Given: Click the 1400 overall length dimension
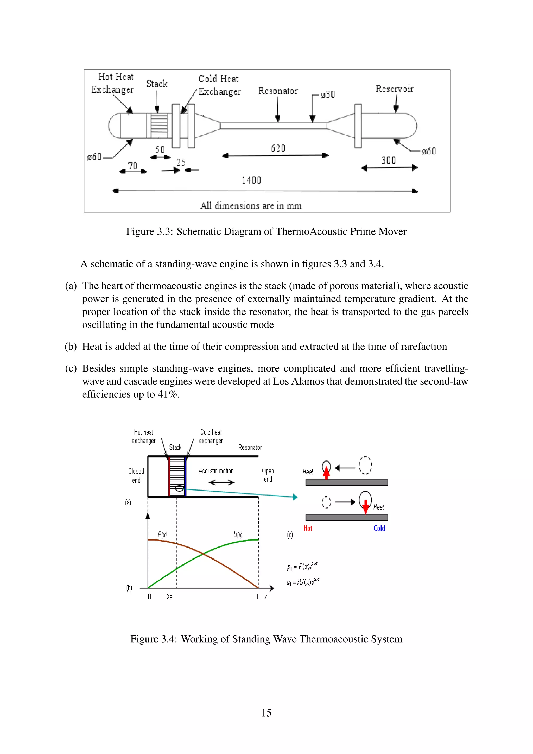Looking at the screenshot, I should (251, 180).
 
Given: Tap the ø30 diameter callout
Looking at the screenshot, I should (328, 95).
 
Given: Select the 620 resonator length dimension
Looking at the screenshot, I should (278, 148).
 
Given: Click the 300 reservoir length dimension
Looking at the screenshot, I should (388, 160).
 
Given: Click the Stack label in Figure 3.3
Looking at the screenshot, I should (157, 84).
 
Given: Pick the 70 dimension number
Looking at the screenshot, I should (132, 166).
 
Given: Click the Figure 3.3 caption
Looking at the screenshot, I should (266, 231).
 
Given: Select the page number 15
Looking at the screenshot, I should (266, 713).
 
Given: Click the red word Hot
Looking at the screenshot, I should (308, 528).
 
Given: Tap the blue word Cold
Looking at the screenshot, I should (379, 528).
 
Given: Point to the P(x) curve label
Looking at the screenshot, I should (162, 535).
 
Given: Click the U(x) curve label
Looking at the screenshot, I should (238, 535).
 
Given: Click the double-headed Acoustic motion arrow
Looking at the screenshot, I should (221, 482).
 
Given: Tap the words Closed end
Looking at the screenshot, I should (136, 475).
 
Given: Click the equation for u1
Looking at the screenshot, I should (303, 582).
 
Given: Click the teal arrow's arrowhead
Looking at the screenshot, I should (295, 497).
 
